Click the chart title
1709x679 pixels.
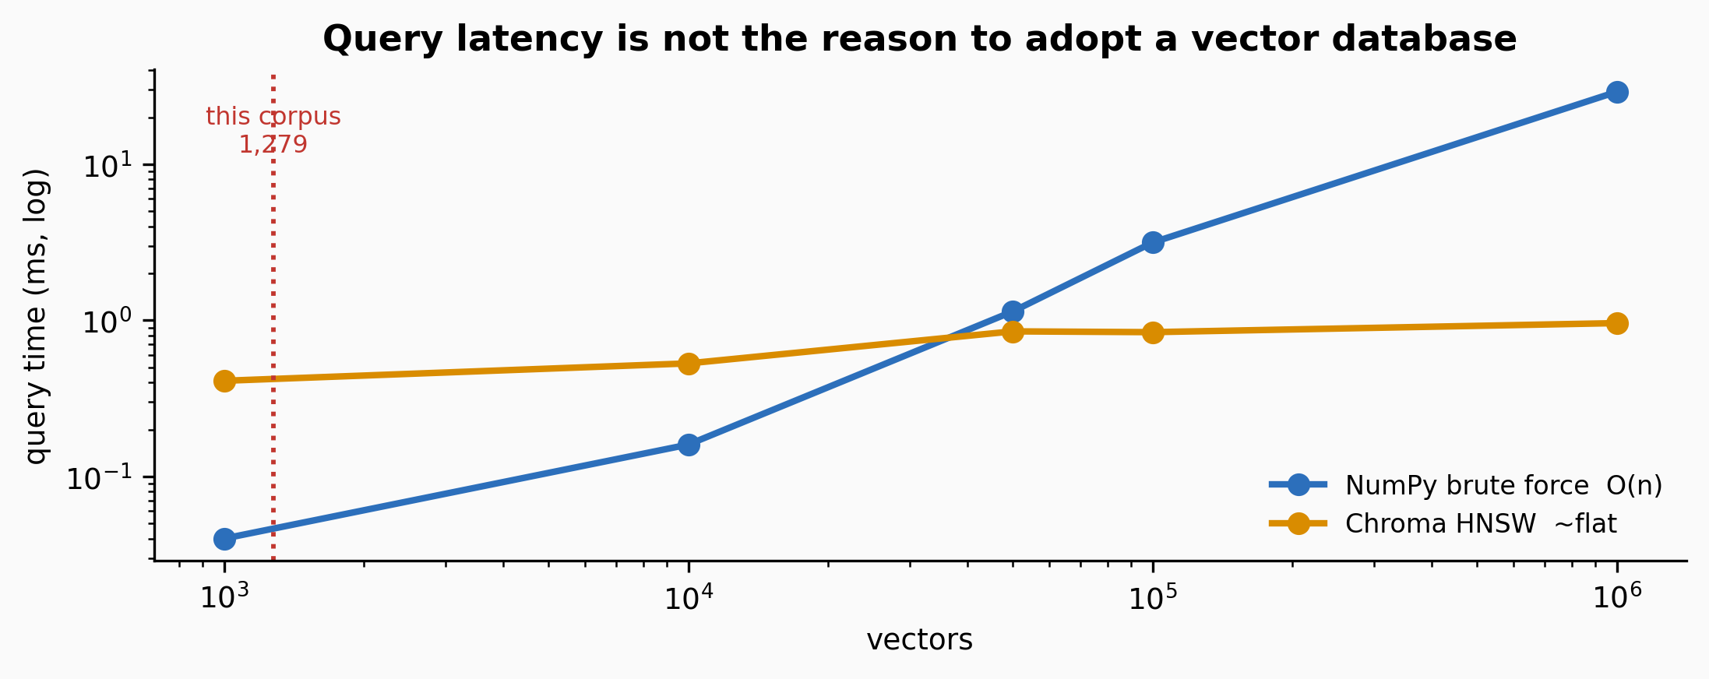(x=919, y=39)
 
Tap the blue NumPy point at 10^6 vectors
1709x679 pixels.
(x=1617, y=92)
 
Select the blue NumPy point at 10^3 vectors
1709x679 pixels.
(x=224, y=538)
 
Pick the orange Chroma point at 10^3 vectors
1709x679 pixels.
(x=224, y=381)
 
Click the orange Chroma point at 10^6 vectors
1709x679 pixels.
(x=1617, y=323)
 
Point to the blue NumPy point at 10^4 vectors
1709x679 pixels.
(x=689, y=445)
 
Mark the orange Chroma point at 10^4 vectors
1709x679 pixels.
(x=689, y=364)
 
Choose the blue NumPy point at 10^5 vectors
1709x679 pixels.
(x=1153, y=242)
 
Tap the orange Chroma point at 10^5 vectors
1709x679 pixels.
(x=1153, y=332)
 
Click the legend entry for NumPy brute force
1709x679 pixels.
(x=1465, y=485)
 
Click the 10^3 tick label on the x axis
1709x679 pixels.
(x=224, y=596)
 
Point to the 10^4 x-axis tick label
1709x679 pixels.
(x=689, y=596)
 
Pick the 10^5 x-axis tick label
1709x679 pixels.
(x=1153, y=596)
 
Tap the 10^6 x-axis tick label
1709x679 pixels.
(x=1617, y=596)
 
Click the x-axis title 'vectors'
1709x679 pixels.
(x=919, y=640)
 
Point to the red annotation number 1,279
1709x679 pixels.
(x=273, y=144)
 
